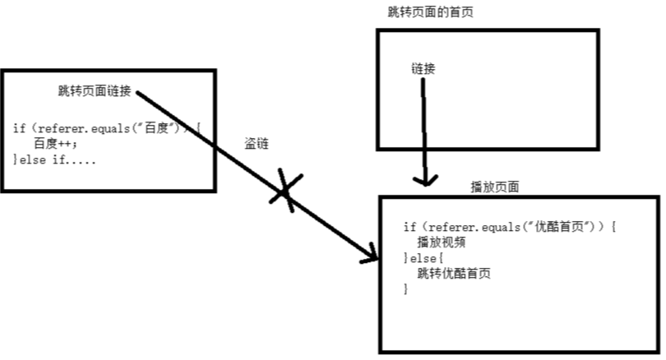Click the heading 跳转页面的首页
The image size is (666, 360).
(x=431, y=12)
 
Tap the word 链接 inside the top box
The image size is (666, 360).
(x=423, y=68)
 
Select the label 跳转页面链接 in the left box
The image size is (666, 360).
(x=95, y=90)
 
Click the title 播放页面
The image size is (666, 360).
(x=495, y=187)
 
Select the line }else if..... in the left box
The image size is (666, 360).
(x=54, y=159)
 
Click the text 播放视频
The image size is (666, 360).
(x=442, y=242)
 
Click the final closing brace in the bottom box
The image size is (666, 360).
(x=405, y=289)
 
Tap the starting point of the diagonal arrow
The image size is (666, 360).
(x=136, y=91)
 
